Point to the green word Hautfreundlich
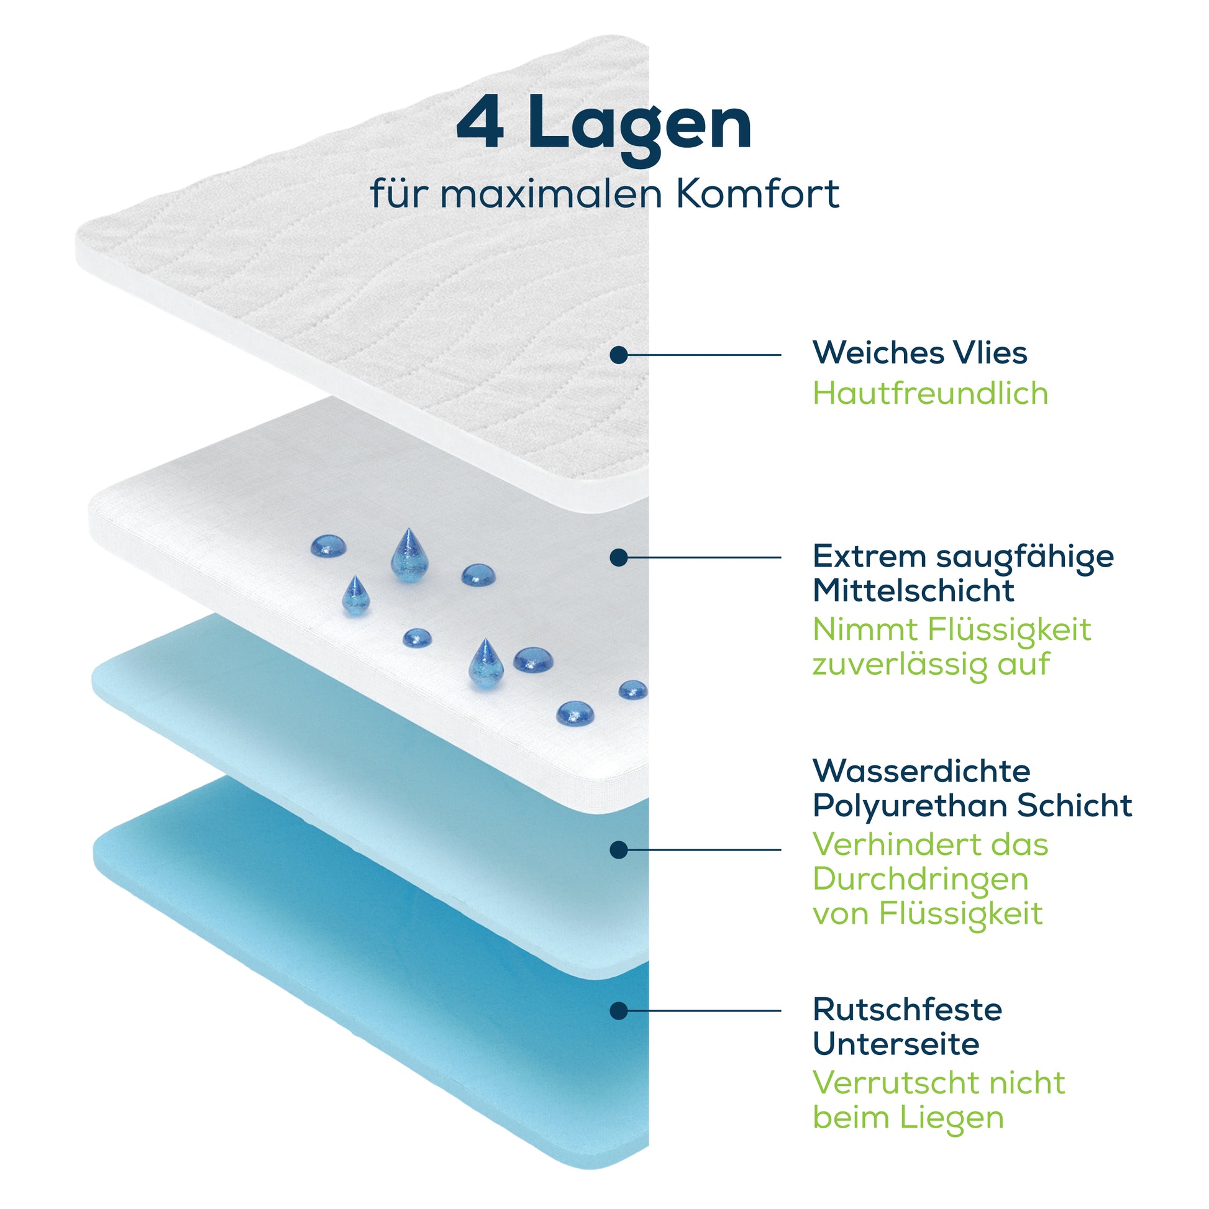coord(930,394)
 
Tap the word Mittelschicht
coord(913,591)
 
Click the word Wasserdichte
coord(921,771)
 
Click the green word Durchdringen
coord(921,879)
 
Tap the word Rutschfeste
coord(908,1010)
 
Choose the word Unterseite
coord(895,1044)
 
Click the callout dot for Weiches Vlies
coord(618,355)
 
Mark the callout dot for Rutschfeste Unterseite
coord(618,1011)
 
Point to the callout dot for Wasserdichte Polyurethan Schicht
coord(618,850)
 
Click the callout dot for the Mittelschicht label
coord(618,557)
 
